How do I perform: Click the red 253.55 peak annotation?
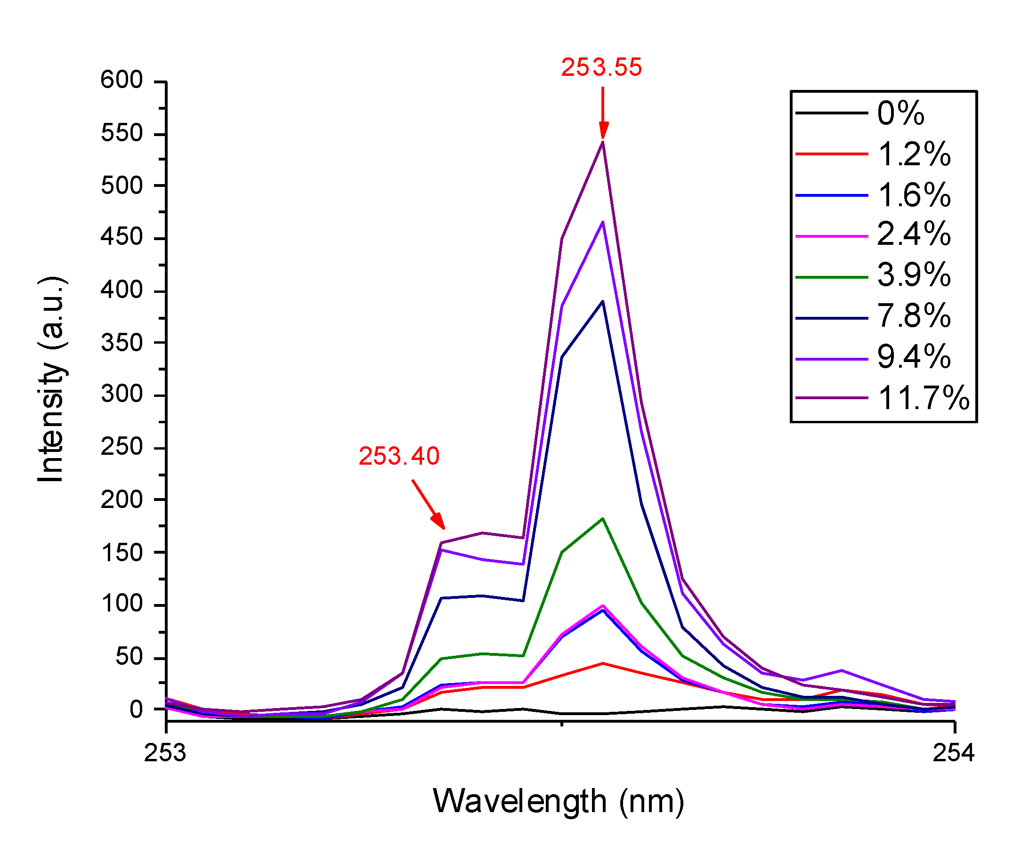[x=601, y=67]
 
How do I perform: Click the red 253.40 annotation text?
[x=399, y=456]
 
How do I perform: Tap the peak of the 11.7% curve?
[x=603, y=142]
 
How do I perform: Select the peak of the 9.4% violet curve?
[x=603, y=222]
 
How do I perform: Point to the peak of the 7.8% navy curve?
[x=603, y=301]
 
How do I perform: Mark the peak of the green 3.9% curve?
[x=603, y=518]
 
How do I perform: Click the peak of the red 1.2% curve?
[x=603, y=663]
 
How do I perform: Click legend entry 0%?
[x=900, y=113]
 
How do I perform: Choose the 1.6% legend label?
[x=914, y=195]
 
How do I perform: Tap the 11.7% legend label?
[x=923, y=398]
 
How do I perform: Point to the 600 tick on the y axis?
[x=122, y=80]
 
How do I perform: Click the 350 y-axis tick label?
[x=122, y=343]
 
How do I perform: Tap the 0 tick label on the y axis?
[x=136, y=710]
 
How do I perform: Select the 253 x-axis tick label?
[x=165, y=753]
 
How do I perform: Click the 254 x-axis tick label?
[x=953, y=753]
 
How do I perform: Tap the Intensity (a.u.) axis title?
[x=50, y=379]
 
